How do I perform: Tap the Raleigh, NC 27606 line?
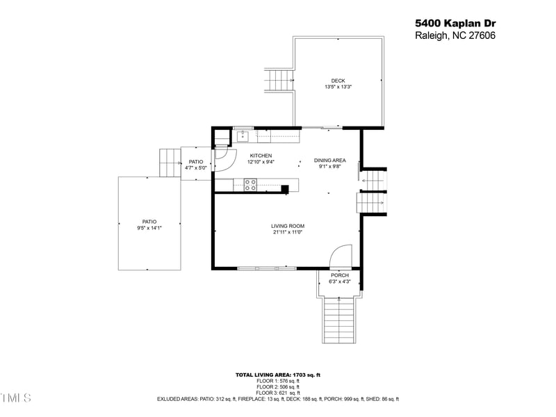(455, 36)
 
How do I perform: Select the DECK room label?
(338, 81)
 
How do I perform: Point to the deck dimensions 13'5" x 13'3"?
(338, 87)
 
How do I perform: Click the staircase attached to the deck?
(279, 79)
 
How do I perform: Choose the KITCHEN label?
(261, 156)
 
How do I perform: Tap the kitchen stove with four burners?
(250, 184)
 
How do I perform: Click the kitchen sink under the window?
(243, 135)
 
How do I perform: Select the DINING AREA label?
(329, 160)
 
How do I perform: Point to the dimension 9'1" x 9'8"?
(329, 167)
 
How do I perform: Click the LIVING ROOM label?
(288, 226)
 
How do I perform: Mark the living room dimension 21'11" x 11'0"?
(288, 233)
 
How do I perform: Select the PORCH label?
(340, 275)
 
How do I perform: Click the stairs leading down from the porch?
(341, 320)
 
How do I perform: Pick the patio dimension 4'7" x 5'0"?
(195, 168)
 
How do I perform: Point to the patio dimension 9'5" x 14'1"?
(149, 228)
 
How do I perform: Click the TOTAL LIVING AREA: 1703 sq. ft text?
(278, 375)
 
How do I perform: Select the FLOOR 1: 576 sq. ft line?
(278, 381)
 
